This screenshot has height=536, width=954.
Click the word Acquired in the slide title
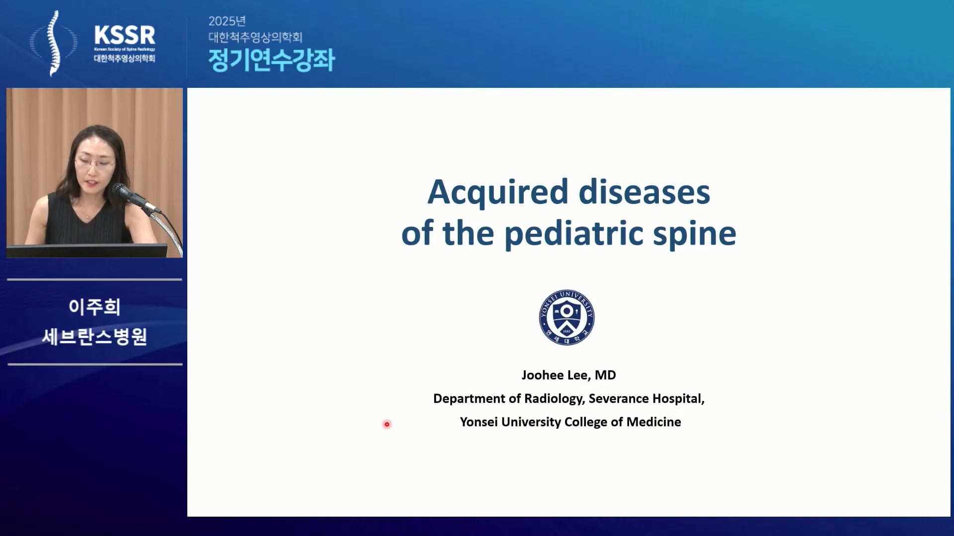(497, 193)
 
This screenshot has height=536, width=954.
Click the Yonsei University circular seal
(566, 317)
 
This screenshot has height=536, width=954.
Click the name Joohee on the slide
(542, 375)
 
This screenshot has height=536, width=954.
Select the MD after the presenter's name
(605, 375)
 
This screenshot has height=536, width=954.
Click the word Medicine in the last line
(654, 422)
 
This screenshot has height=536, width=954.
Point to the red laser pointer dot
(387, 424)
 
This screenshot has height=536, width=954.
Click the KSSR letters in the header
(125, 35)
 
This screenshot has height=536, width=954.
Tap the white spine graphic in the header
(54, 44)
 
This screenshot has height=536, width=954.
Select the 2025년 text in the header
(227, 21)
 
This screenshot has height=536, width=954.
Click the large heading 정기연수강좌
(271, 60)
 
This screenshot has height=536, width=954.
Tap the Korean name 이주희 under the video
(94, 307)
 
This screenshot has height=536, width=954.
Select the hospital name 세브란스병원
(94, 336)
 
